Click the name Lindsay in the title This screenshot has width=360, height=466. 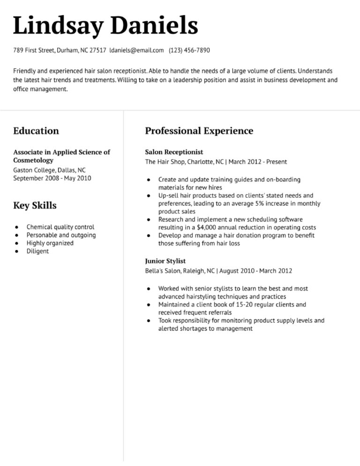58,25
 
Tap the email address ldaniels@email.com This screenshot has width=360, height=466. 136,50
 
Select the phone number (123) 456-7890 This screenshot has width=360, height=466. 189,50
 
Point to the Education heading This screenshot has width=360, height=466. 36,131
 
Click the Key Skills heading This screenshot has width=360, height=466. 35,205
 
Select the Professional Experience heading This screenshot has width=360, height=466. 199,131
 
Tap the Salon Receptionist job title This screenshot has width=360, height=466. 174,152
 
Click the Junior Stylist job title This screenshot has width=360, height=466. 165,261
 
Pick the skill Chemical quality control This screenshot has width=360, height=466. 60,227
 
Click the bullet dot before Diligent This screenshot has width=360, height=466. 17,251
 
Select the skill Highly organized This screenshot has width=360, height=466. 50,243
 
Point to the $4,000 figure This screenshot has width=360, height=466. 207,227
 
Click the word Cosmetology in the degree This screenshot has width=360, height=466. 33,160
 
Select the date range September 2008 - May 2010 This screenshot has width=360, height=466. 52,178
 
